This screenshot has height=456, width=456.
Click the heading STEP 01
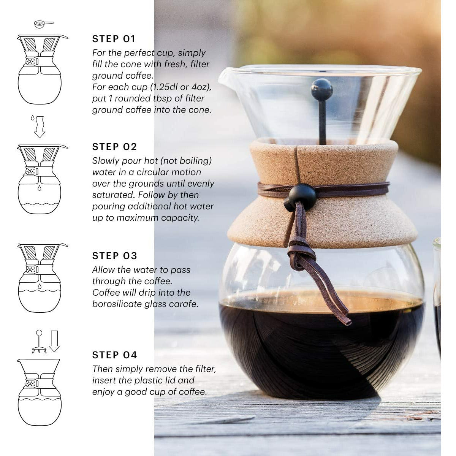[x=114, y=39]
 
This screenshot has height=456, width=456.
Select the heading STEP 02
[x=114, y=147]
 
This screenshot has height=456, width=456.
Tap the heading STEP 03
[x=114, y=256]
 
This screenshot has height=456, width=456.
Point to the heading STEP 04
[x=114, y=355]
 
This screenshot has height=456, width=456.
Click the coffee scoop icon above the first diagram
[x=43, y=24]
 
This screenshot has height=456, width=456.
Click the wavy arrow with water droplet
[x=39, y=126]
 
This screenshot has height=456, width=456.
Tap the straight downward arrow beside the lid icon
[x=54, y=341]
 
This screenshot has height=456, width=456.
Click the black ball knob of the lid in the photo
[x=321, y=90]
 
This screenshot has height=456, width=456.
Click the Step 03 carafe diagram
[x=40, y=277]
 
